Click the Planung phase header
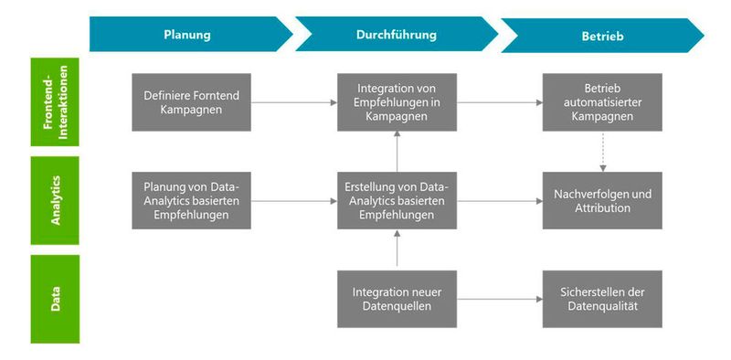click(187, 35)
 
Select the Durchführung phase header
click(396, 35)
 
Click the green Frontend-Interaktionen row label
click(55, 102)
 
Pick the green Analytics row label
click(55, 200)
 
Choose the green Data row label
click(55, 299)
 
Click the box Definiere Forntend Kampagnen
click(190, 102)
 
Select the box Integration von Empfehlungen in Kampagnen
click(396, 102)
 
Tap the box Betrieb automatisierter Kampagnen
click(602, 102)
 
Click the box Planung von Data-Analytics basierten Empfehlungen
click(190, 200)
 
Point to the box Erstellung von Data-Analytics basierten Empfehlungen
click(396, 200)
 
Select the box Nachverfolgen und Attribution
click(602, 200)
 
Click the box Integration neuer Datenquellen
click(396, 299)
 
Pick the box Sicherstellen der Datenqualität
click(602, 299)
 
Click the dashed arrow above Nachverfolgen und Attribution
click(602, 150)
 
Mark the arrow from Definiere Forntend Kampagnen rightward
click(292, 102)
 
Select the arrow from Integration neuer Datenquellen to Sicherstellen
click(498, 299)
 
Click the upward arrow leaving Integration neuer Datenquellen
click(396, 249)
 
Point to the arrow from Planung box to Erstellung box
click(292, 200)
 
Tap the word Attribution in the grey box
click(602, 208)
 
